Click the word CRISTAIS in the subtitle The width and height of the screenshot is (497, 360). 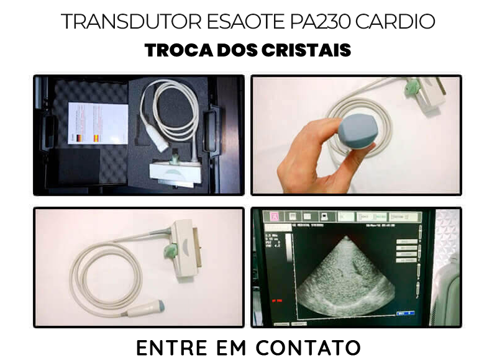click(x=309, y=50)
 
